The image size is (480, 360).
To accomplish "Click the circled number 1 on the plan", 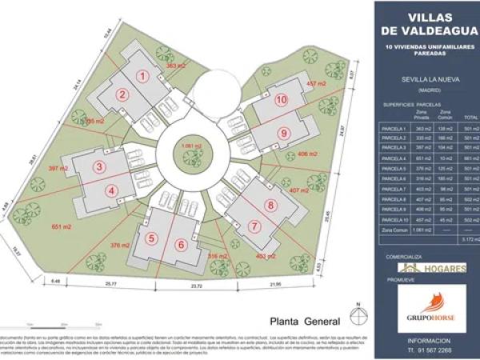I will coord(144,76).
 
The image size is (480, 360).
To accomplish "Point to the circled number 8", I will coord(270,205).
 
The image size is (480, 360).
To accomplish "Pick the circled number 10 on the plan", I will coord(281,100).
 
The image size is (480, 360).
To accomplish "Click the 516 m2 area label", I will coord(218,256).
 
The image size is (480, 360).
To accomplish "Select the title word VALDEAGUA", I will coord(423,32).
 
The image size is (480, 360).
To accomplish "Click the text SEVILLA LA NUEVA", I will coord(423,80).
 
